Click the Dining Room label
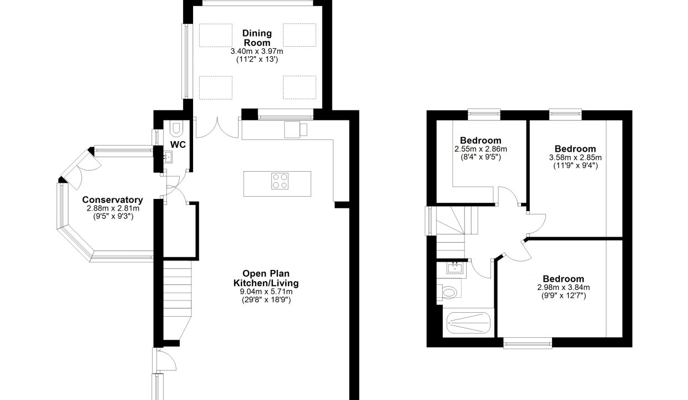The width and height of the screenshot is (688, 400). tap(257, 38)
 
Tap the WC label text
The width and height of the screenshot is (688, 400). tap(178, 144)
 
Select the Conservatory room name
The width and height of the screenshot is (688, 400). tap(113, 200)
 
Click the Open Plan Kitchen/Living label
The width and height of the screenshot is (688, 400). tap(266, 278)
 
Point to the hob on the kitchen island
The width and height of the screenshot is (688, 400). tap(280, 181)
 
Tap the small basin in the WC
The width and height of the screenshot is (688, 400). tap(168, 157)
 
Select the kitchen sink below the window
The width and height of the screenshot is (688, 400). tap(296, 130)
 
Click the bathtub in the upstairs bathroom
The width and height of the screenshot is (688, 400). tap(468, 323)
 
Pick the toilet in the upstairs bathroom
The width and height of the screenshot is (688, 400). tap(449, 292)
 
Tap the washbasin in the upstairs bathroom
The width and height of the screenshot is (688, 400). tap(455, 268)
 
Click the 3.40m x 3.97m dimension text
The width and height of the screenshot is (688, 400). tap(257, 51)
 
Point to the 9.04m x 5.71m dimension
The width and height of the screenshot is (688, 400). tap(266, 292)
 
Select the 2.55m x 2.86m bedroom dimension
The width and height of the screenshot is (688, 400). tap(480, 149)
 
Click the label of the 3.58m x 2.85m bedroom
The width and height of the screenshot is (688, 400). tap(575, 149)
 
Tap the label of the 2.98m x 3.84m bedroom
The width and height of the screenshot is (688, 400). tap(563, 279)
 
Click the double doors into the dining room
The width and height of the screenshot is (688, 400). tap(217, 128)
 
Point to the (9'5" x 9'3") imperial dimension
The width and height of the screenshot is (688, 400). tap(113, 217)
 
